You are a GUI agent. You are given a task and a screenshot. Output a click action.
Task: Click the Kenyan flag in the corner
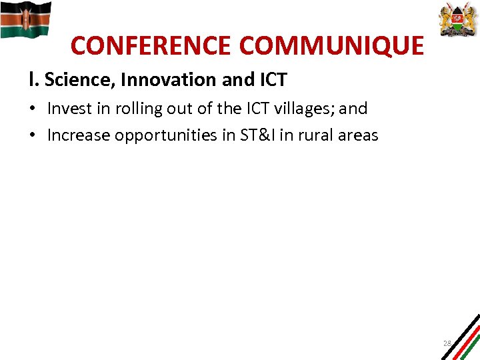click(25, 19)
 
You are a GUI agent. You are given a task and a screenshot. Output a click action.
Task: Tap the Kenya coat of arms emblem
click(459, 19)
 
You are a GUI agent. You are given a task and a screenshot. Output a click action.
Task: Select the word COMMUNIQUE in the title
click(331, 46)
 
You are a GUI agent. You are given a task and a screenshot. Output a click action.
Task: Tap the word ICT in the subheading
click(271, 80)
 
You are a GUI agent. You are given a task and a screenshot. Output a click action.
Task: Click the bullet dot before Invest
click(33, 109)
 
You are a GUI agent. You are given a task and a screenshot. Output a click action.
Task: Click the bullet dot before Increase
click(33, 136)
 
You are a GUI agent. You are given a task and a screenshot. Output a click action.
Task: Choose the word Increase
click(79, 135)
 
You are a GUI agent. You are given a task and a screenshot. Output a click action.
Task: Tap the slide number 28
click(447, 343)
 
